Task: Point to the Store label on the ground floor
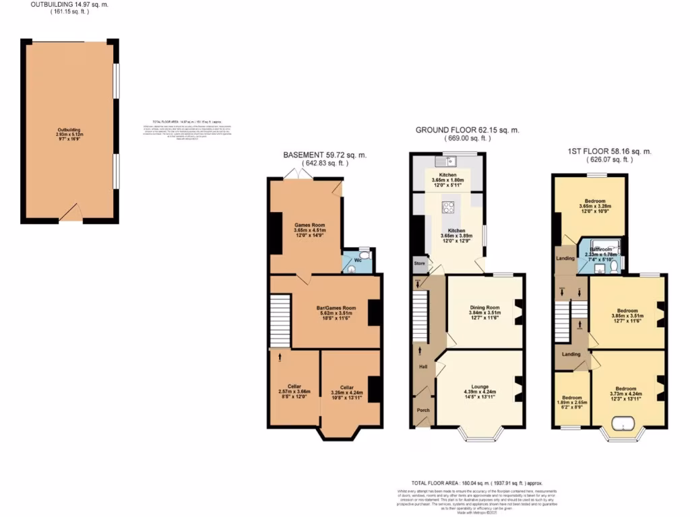(418, 264)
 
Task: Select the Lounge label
(479, 392)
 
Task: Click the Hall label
(423, 367)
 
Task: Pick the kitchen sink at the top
(445, 162)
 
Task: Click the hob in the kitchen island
(448, 207)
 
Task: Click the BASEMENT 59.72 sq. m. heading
(325, 155)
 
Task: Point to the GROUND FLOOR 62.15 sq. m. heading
(468, 130)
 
